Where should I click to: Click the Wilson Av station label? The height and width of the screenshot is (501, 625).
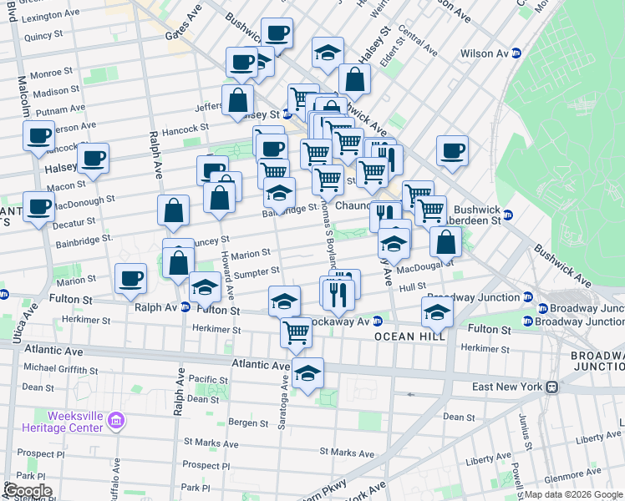tap(485, 53)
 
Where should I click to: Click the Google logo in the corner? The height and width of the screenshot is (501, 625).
tap(27, 491)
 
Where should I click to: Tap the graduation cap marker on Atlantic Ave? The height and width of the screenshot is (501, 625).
tap(307, 375)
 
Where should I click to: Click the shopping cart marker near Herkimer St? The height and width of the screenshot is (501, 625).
tap(297, 332)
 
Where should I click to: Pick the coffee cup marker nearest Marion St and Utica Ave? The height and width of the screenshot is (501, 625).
tap(130, 279)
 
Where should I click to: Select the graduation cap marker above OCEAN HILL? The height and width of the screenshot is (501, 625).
tap(437, 313)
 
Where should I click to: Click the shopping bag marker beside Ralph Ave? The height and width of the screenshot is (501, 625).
tap(173, 212)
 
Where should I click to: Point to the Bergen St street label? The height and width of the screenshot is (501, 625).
tap(249, 423)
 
